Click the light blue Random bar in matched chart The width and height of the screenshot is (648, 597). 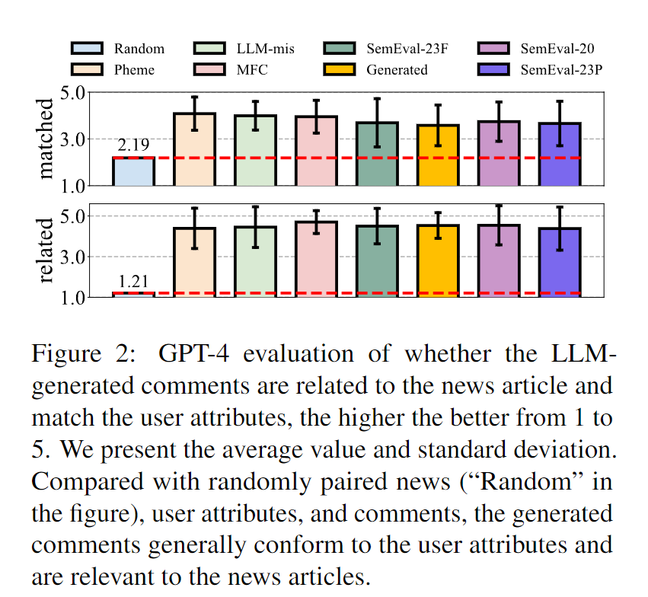click(133, 171)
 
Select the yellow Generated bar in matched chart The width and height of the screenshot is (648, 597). click(438, 155)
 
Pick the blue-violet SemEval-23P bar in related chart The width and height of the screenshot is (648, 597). click(560, 262)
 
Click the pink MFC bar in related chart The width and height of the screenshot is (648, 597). click(316, 259)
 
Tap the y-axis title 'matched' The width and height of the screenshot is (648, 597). click(47, 139)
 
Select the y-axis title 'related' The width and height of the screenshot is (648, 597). click(47, 251)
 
